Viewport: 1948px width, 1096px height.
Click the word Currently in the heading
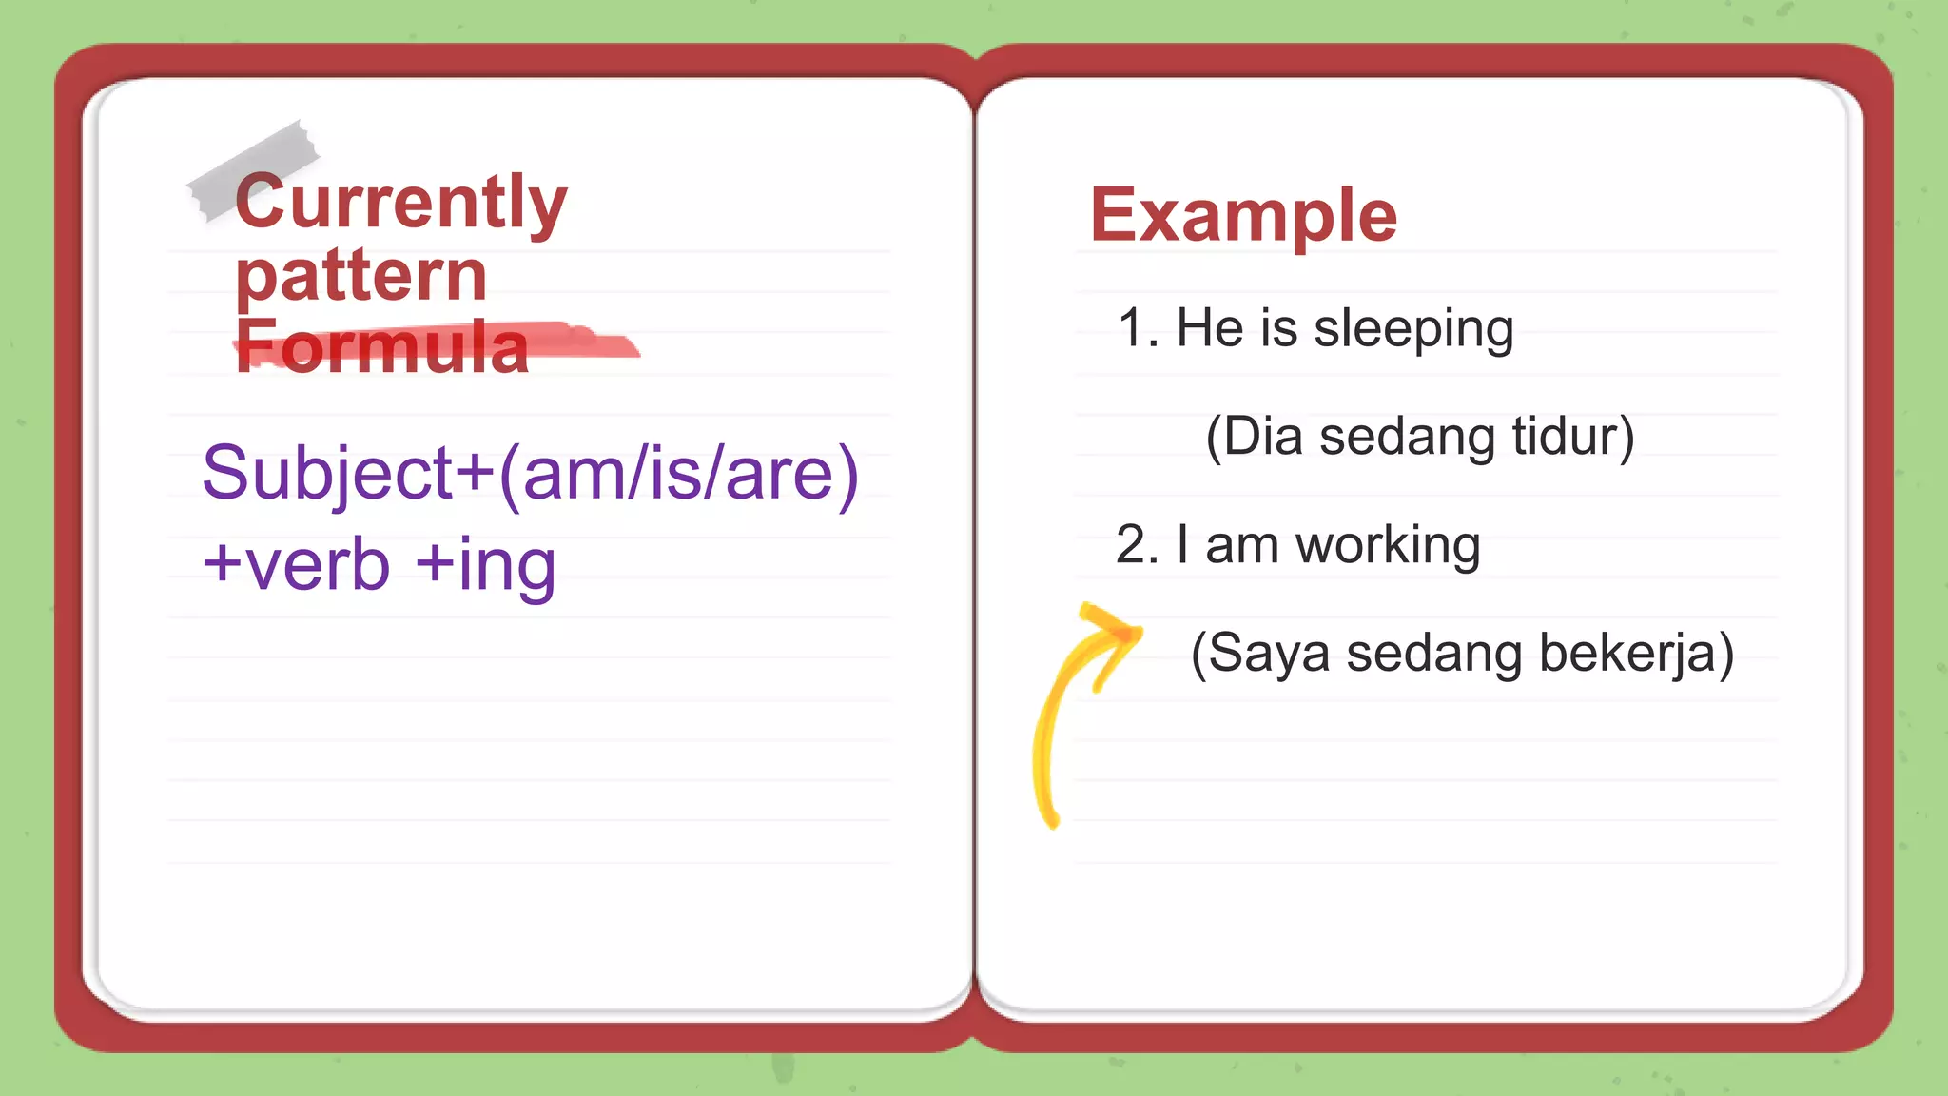(x=400, y=203)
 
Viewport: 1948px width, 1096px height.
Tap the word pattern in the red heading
(x=361, y=276)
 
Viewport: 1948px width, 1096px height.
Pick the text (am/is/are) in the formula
(x=678, y=474)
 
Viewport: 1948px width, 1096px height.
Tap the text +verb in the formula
(x=297, y=564)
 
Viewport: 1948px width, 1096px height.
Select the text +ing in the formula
(x=486, y=564)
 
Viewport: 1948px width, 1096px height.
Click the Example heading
(x=1243, y=216)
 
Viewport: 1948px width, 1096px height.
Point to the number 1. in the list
(x=1138, y=328)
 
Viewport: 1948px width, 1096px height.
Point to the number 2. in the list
(x=1137, y=545)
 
